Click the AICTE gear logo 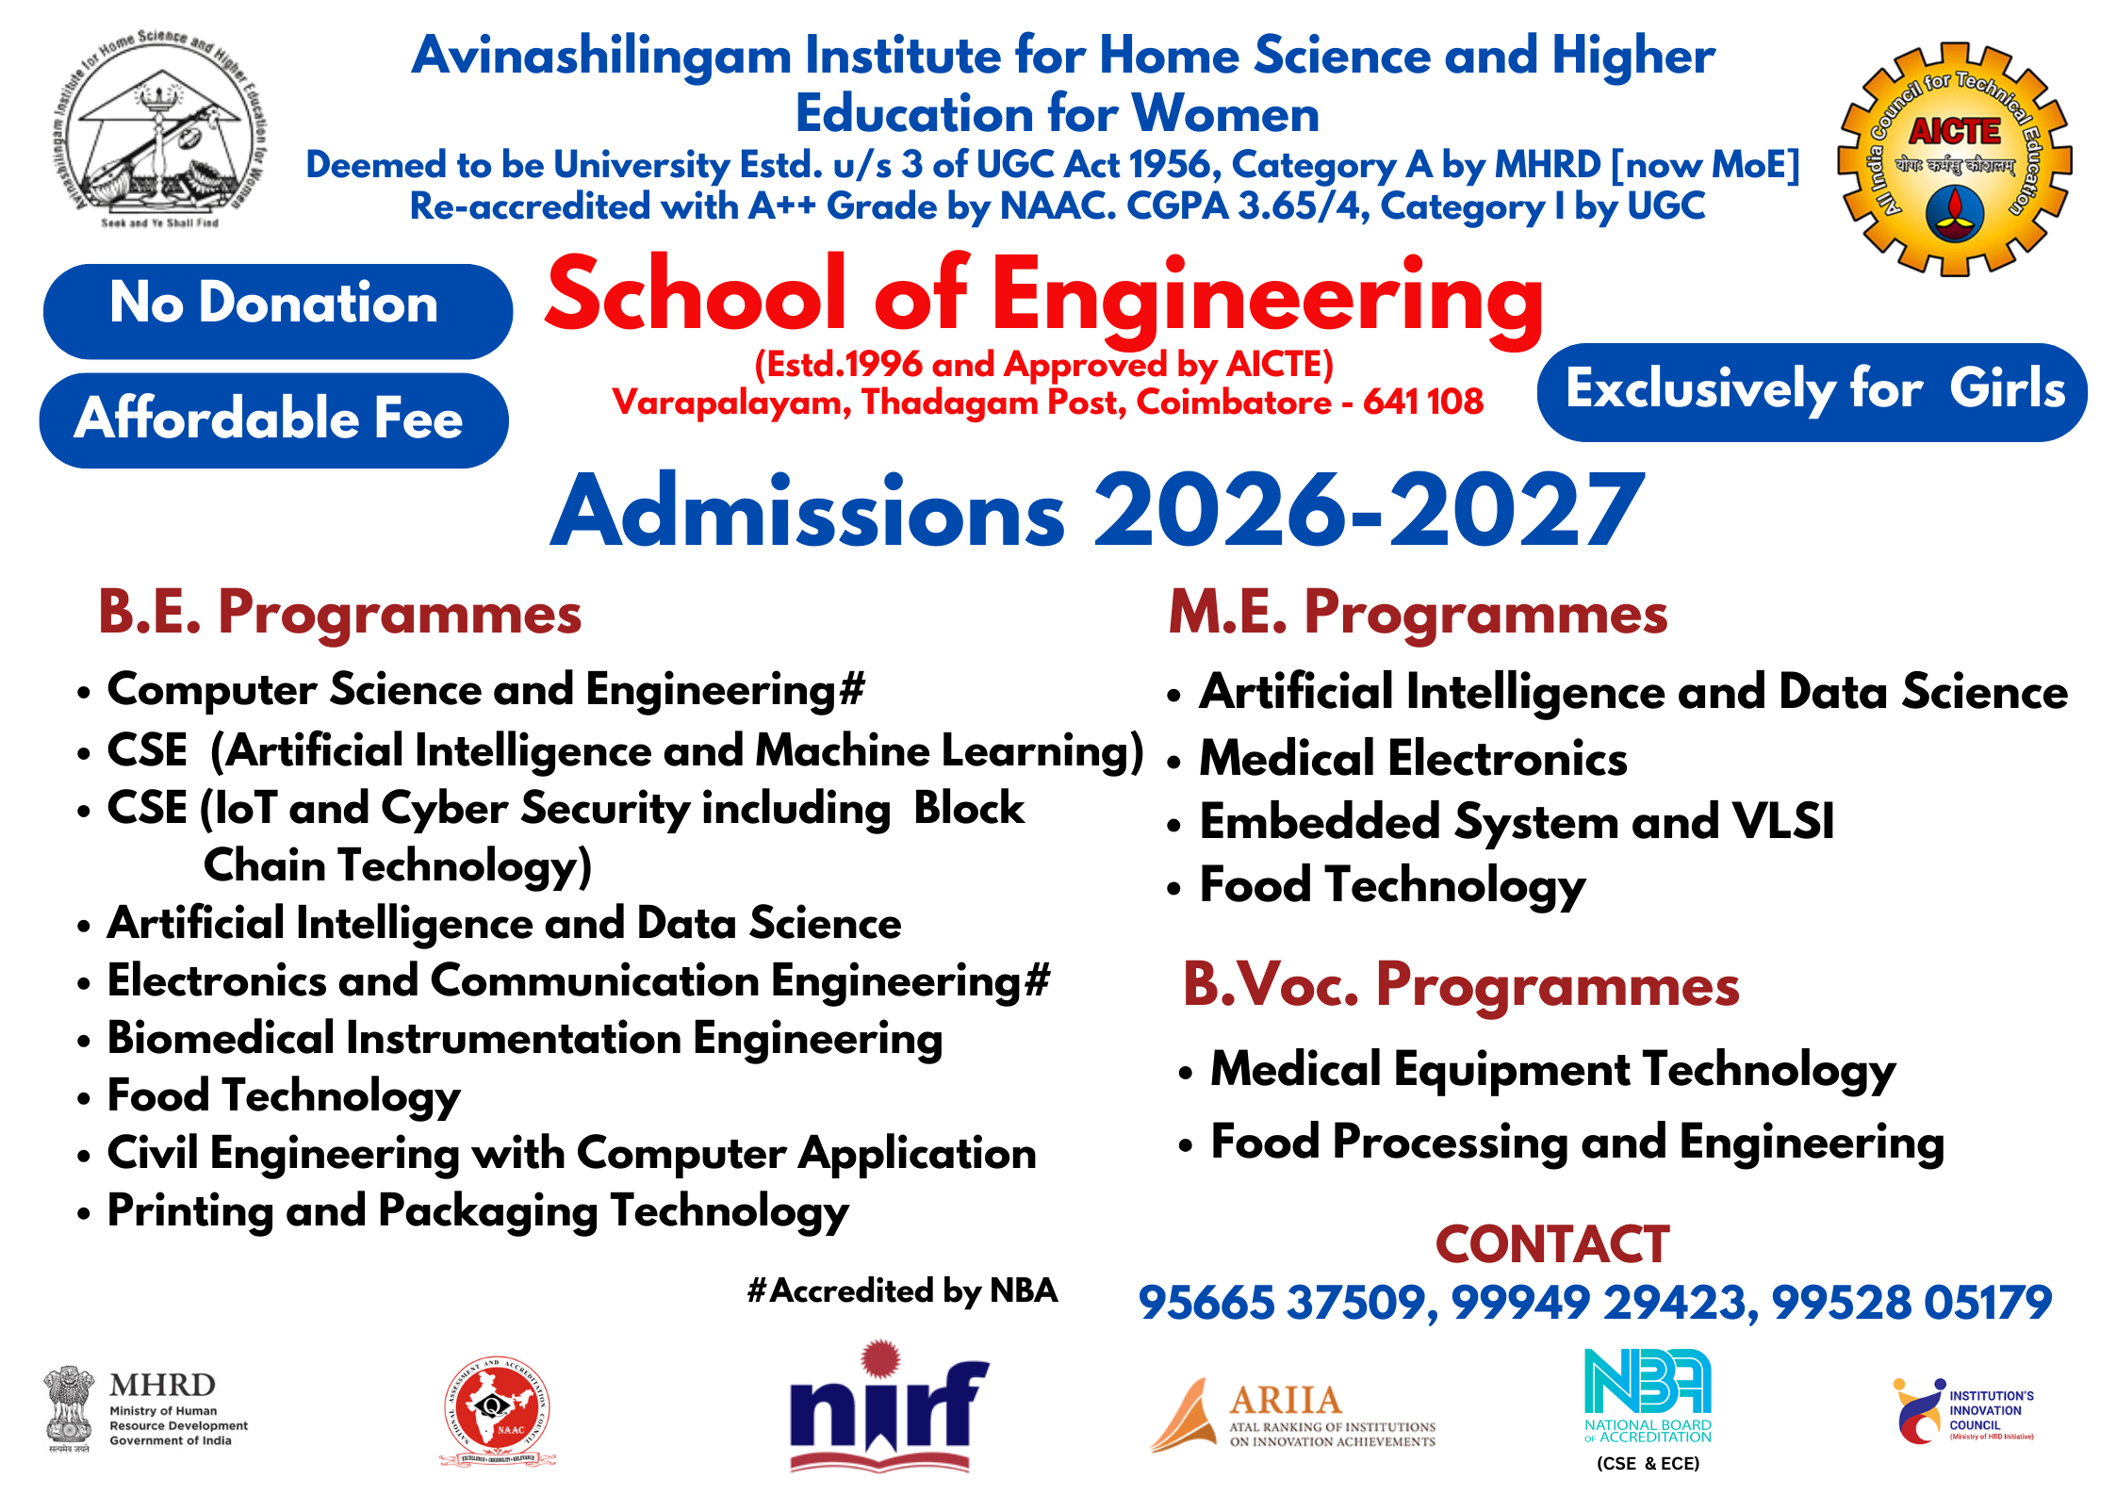[1955, 159]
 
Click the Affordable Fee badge [273, 419]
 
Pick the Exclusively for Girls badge [1812, 391]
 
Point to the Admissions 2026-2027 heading [1097, 512]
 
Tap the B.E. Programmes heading [340, 613]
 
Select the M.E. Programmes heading [1418, 613]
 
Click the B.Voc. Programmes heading [1460, 985]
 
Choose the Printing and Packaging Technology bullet [478, 1211]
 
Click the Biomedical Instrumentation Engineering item [524, 1039]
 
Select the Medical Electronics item [1412, 759]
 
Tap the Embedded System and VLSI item [1516, 822]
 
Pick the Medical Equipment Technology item [1552, 1070]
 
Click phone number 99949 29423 [1599, 1303]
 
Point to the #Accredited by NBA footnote [902, 1291]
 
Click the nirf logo [886, 1407]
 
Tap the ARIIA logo [1293, 1414]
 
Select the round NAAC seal [497, 1412]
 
